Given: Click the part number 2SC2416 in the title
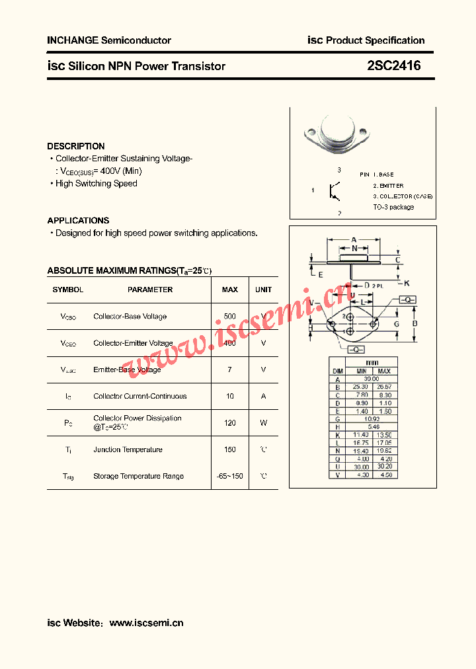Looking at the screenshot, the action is click(393, 66).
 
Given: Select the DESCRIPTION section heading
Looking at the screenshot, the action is click(76, 146).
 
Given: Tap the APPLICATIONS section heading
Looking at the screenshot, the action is click(78, 220).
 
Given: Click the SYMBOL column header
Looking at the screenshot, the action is click(68, 290).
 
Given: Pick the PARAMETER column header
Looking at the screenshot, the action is click(150, 290).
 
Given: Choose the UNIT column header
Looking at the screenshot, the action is click(263, 290).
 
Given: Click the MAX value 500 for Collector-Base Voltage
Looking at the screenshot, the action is click(229, 317).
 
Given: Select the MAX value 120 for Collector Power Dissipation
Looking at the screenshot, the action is click(229, 423).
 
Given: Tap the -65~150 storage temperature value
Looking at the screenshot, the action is click(229, 476).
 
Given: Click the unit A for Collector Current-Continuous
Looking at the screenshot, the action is click(263, 396).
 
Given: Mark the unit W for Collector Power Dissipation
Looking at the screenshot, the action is click(263, 423).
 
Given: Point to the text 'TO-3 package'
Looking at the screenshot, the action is click(393, 207).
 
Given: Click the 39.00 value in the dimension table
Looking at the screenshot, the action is click(372, 379).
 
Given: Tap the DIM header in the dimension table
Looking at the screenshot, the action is click(337, 371).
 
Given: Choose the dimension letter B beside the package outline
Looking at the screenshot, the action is click(415, 324).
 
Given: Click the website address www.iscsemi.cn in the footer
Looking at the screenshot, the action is click(146, 623).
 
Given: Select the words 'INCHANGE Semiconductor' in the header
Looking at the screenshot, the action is click(109, 40).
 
